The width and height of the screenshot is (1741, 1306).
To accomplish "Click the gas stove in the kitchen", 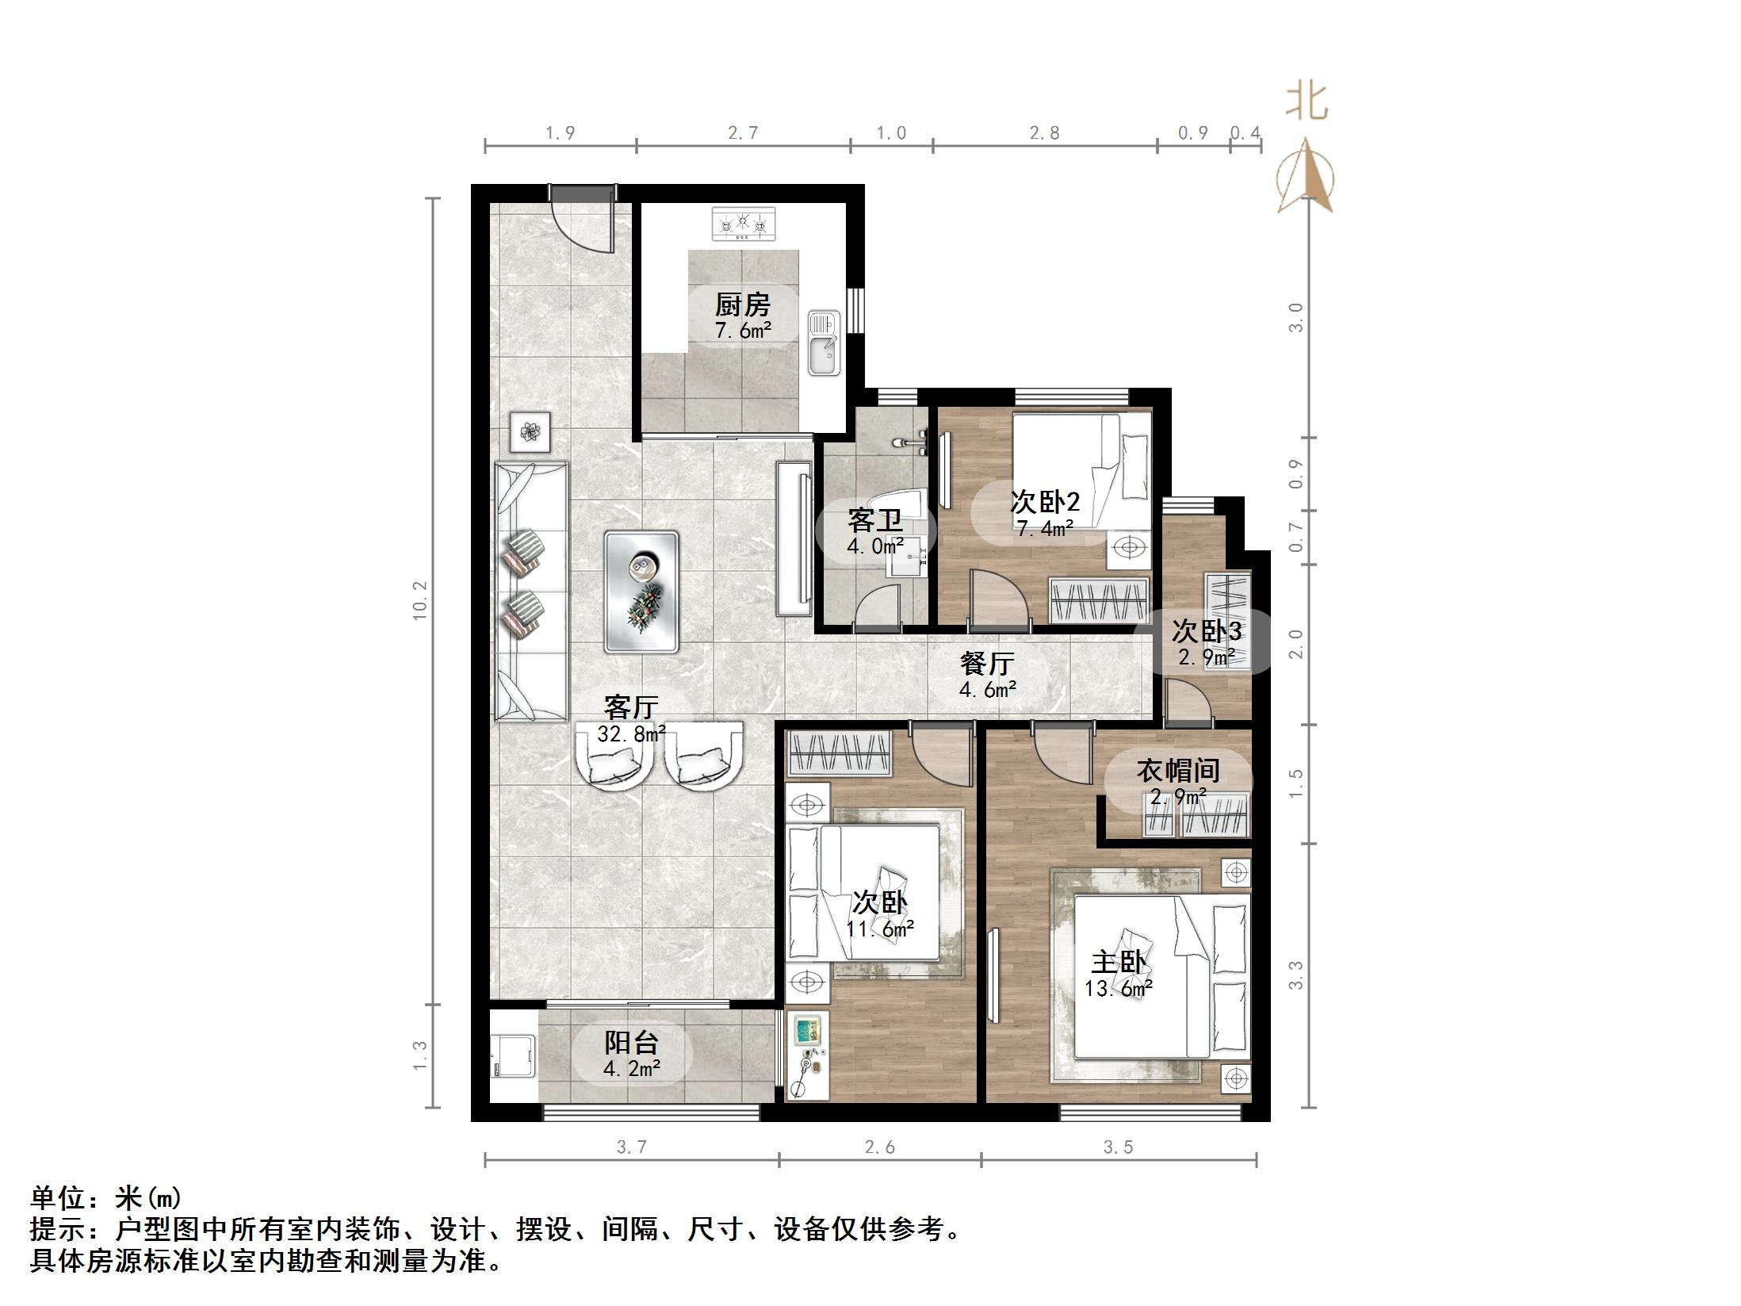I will [743, 224].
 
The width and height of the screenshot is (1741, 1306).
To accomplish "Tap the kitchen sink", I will [824, 343].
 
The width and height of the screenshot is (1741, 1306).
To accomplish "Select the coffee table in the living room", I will [641, 592].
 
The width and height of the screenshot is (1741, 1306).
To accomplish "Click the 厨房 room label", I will [742, 304].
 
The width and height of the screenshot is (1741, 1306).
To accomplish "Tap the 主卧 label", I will [1119, 963].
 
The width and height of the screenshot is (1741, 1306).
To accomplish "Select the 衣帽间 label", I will [1177, 770].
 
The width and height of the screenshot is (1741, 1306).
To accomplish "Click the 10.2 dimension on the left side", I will [419, 600].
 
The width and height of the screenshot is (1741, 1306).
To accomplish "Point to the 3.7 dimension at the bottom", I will [632, 1147].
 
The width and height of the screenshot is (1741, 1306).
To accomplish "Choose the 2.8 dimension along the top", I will [1044, 133].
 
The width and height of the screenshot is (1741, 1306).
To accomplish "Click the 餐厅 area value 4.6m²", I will [987, 690].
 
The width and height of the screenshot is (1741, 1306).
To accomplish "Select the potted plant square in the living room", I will [530, 432].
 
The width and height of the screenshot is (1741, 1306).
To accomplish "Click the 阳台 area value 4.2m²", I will [631, 1069].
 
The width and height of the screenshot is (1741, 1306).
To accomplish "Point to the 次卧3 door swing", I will [1186, 703].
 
